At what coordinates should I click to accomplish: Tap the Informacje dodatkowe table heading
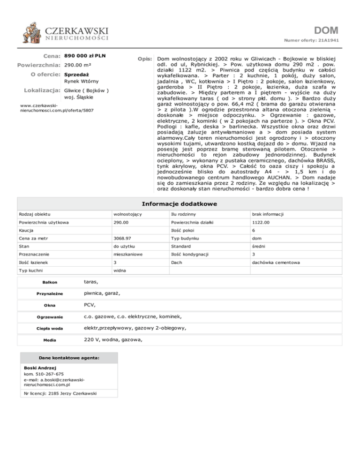click(x=180, y=204)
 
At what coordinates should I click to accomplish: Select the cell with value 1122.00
click(x=260, y=222)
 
